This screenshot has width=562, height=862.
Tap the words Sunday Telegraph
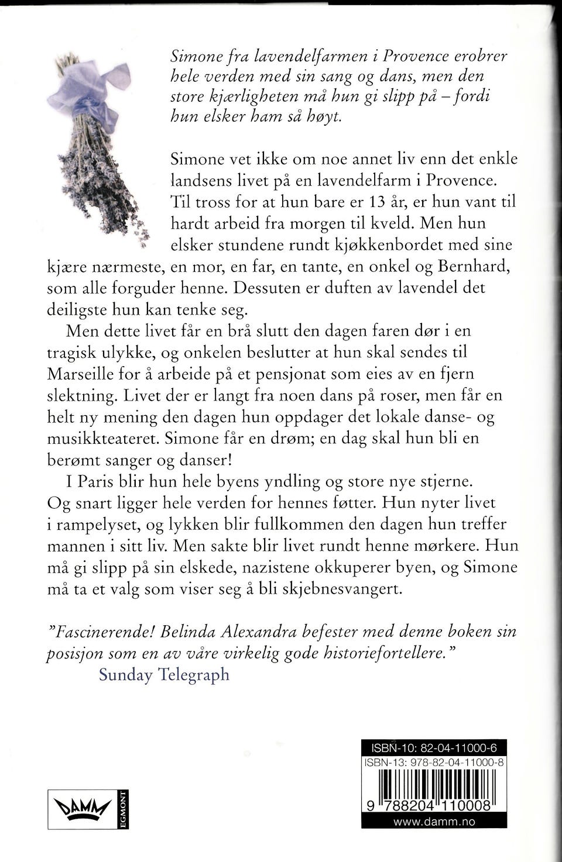[164, 675]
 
